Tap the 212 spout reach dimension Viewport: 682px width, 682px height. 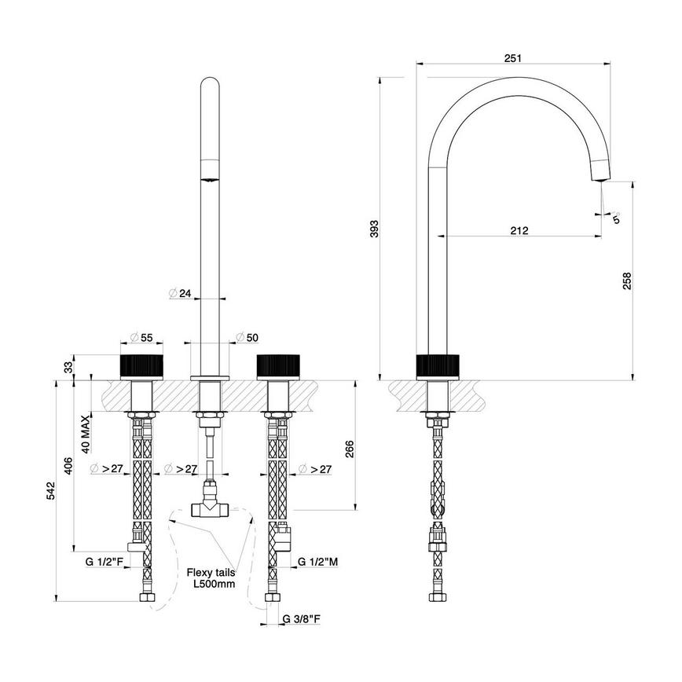tap(519, 230)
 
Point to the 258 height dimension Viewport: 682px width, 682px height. tap(626, 280)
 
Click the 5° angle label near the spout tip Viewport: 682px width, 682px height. tap(617, 218)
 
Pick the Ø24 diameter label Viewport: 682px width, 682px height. tap(181, 294)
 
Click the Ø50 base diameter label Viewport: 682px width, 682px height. tap(247, 337)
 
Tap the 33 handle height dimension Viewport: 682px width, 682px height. tap(68, 366)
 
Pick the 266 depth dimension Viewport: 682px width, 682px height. tap(349, 447)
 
